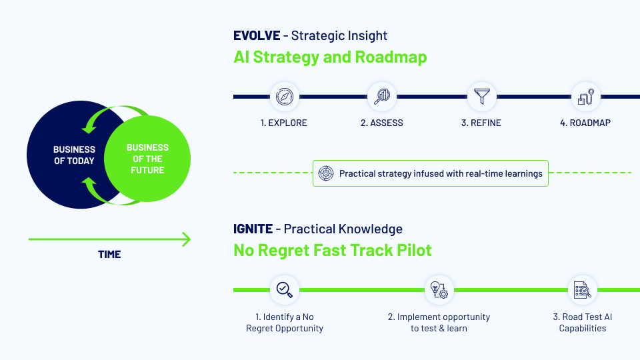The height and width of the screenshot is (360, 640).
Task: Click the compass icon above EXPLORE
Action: point(285,97)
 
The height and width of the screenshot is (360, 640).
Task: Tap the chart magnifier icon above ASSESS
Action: point(383,97)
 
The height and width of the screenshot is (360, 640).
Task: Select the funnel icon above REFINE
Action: point(481,97)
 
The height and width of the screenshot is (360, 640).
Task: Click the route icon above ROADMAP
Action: point(586,97)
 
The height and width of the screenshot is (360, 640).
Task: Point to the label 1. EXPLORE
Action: point(285,123)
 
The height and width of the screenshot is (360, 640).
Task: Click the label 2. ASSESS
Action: point(382,123)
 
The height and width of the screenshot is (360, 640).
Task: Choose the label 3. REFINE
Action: point(481,123)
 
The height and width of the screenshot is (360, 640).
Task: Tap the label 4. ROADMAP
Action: point(585,123)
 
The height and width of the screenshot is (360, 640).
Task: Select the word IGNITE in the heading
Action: point(253,229)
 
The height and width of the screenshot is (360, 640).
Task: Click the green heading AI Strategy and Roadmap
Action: point(330,57)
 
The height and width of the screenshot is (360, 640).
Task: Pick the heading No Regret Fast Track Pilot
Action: point(333,251)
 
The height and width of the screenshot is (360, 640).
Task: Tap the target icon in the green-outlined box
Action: point(326,173)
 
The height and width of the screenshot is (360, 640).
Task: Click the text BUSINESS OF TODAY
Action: point(74,155)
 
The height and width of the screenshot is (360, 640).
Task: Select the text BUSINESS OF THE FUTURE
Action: point(147,159)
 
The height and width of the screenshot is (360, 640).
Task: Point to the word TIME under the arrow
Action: point(109,254)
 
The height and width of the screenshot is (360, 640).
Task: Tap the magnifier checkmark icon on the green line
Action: point(285,290)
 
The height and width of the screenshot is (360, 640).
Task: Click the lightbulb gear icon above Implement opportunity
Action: point(439,290)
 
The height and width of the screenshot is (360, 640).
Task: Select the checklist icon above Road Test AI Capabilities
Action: point(582,290)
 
